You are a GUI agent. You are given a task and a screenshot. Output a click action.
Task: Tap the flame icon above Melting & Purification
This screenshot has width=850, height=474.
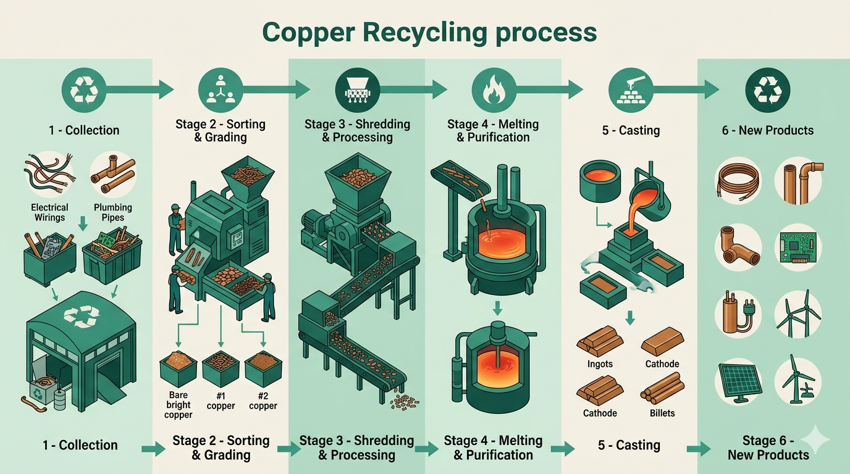pos(494,90)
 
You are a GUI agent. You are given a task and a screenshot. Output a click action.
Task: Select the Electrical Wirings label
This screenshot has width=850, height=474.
pos(50,212)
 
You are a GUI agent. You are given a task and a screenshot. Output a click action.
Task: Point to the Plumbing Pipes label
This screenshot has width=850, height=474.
pos(113,212)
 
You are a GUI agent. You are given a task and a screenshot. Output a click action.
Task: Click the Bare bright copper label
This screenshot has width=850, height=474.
pos(178,405)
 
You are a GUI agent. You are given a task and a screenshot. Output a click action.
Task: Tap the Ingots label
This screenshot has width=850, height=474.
pos(600,364)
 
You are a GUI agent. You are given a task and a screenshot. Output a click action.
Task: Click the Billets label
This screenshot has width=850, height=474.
pos(662,413)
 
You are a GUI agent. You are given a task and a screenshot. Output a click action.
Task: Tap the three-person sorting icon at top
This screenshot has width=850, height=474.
pos(221,90)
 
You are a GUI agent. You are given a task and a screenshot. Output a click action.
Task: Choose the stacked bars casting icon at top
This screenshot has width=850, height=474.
pos(631,90)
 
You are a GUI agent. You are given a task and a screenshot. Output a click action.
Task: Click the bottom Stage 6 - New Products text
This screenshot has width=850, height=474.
pos(768,447)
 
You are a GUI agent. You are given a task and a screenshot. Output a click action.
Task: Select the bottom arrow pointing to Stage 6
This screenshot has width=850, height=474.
pos(699,449)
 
